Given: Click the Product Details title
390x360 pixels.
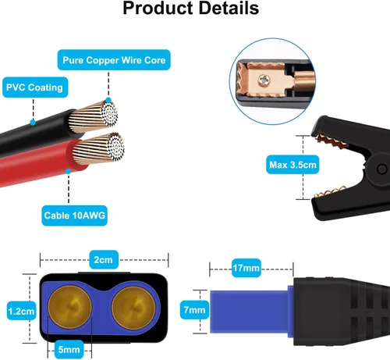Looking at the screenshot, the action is click(191, 8).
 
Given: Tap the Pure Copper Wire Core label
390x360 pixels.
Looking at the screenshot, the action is click(114, 60).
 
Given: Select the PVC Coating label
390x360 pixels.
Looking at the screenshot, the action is click(35, 87).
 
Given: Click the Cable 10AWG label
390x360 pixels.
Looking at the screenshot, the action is click(74, 216).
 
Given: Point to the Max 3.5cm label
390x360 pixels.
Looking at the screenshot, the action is click(292, 165).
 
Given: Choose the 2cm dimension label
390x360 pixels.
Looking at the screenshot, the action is click(104, 259).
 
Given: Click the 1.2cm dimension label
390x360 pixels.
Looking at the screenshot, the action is click(21, 311).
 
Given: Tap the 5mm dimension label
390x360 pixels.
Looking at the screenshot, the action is click(69, 349).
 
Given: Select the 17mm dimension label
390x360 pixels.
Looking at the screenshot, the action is click(246, 268).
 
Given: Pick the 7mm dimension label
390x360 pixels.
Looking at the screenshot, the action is click(194, 310).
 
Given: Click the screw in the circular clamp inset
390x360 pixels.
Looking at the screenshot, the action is click(264, 80).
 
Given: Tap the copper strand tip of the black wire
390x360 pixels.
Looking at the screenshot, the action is click(109, 114).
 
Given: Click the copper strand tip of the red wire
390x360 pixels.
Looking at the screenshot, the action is click(116, 147).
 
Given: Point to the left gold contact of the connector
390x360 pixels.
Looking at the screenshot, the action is click(69, 307).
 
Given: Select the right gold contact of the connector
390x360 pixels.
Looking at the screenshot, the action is click(133, 308).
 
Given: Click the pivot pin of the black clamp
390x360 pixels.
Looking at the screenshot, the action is click(381, 169).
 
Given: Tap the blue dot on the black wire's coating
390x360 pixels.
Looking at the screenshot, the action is click(33, 123).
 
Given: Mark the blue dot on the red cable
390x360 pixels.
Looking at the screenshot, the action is click(68, 171).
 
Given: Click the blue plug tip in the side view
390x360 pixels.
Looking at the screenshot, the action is click(249, 312).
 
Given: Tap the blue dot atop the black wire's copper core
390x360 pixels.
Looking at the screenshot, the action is click(108, 100).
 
